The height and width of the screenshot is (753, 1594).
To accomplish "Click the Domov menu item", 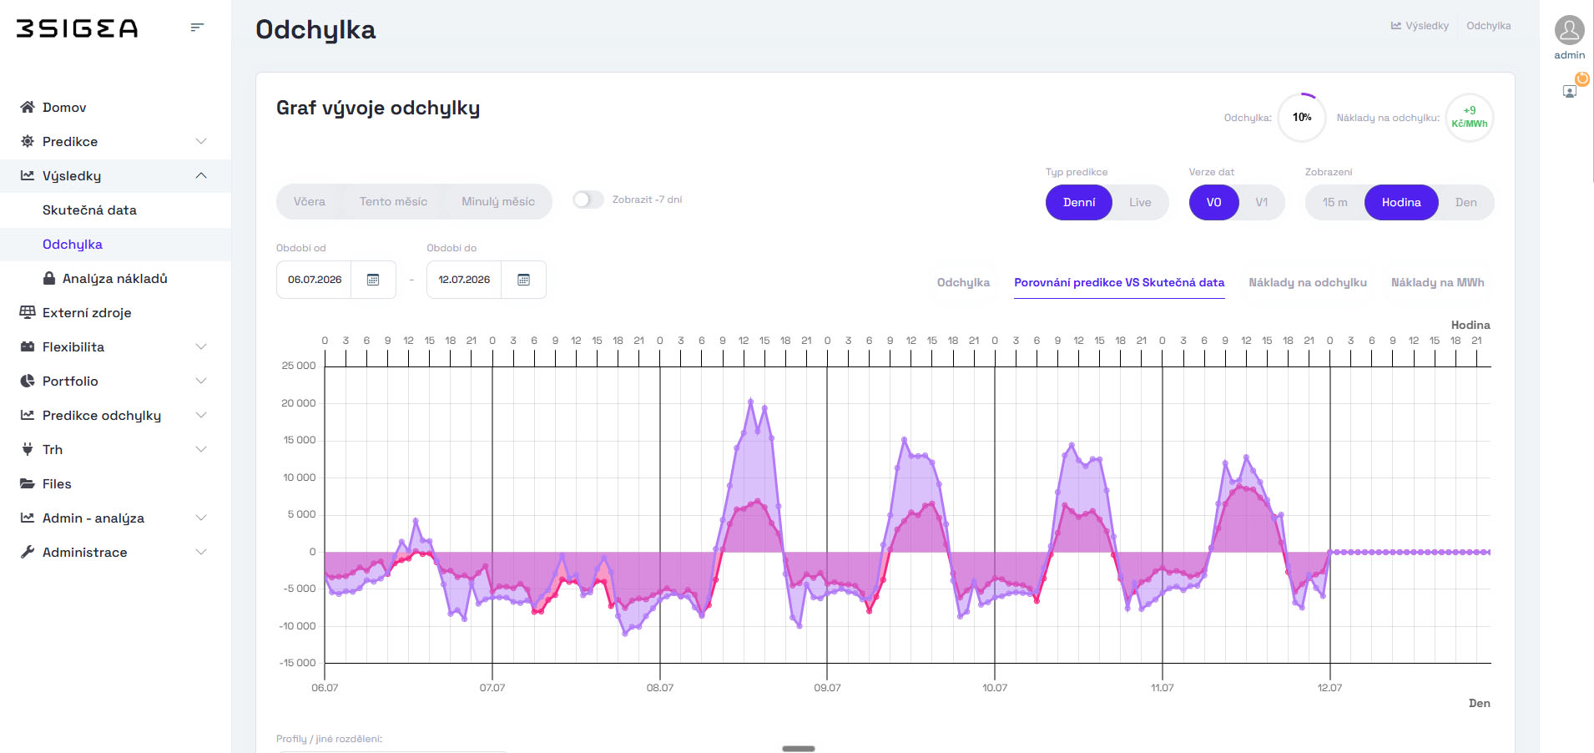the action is point(64,108).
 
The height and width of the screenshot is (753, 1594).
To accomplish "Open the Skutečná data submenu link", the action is point(89,210).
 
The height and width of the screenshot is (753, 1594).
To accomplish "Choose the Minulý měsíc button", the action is point(498,202).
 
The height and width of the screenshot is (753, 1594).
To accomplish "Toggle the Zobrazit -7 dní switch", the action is point(588,200).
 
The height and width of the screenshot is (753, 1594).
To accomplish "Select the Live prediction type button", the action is point(1140,203).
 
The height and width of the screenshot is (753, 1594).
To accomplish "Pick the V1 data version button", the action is point(1261,203).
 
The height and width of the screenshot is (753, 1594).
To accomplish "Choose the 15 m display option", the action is point(1334,203).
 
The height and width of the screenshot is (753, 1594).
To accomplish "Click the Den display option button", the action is point(1465,203).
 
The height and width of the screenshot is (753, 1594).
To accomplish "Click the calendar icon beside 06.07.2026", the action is point(373,280).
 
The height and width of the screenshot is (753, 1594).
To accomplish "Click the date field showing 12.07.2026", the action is point(464,280).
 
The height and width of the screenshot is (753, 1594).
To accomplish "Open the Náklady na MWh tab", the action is point(1437,283).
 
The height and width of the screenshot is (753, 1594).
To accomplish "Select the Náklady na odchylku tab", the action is point(1307,283).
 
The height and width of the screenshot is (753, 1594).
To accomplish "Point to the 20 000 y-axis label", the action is point(299,403).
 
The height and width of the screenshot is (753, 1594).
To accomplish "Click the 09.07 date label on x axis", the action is point(827,688).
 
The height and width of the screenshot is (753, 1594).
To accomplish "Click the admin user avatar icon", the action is point(1569,30).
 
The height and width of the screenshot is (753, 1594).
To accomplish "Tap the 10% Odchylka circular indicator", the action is point(1302,118).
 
